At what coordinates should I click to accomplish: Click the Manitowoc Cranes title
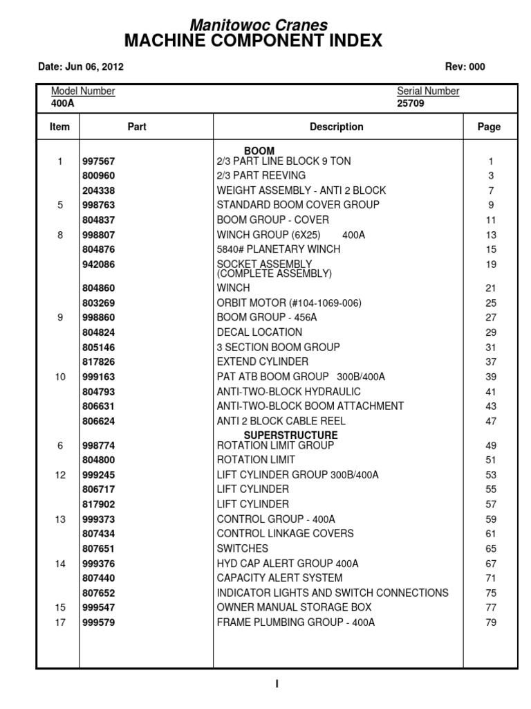pyautogui.click(x=259, y=25)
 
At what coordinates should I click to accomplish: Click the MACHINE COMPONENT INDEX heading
pyautogui.click(x=253, y=42)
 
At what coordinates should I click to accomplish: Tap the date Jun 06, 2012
pyautogui.click(x=80, y=67)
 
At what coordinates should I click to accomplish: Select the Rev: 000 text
pyautogui.click(x=467, y=67)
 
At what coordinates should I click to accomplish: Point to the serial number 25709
pyautogui.click(x=411, y=104)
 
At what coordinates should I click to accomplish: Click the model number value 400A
pyautogui.click(x=62, y=104)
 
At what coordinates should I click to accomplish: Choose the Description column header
pyautogui.click(x=337, y=127)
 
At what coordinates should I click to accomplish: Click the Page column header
pyautogui.click(x=489, y=127)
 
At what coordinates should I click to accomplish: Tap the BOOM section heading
pyautogui.click(x=259, y=151)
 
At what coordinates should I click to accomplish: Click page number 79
pyautogui.click(x=491, y=622)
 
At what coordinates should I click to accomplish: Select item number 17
pyautogui.click(x=60, y=622)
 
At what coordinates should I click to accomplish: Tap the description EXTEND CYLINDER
pyautogui.click(x=263, y=362)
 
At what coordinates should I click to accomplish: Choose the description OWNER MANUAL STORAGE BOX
pyautogui.click(x=294, y=607)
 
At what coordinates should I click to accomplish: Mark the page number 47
pyautogui.click(x=491, y=421)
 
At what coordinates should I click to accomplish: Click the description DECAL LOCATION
pyautogui.click(x=259, y=332)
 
